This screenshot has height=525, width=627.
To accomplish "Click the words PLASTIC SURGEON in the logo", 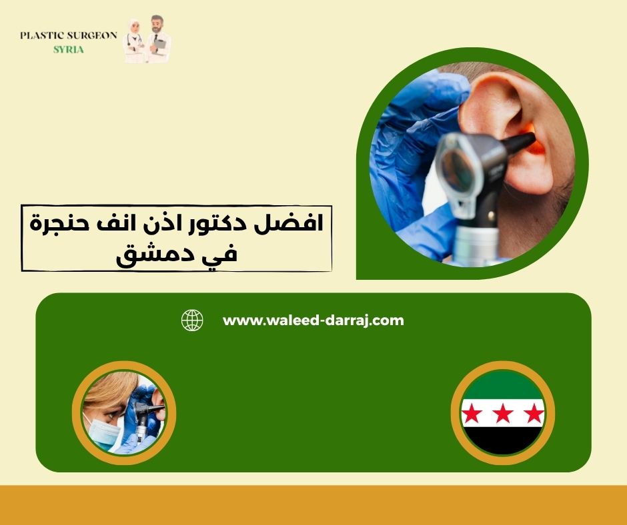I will point(69,35).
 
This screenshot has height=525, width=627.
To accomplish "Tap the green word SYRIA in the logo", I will point(69,50).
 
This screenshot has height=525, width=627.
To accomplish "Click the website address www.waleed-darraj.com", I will point(313,320).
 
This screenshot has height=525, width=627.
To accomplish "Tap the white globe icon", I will point(192,320).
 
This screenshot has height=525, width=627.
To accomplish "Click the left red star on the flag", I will point(472,414).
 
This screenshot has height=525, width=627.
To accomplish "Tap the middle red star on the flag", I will point(503,414).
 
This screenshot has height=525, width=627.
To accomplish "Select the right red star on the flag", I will point(534,414).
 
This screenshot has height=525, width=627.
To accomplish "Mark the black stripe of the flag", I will point(503,440).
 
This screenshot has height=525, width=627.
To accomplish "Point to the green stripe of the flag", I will point(503,386).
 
